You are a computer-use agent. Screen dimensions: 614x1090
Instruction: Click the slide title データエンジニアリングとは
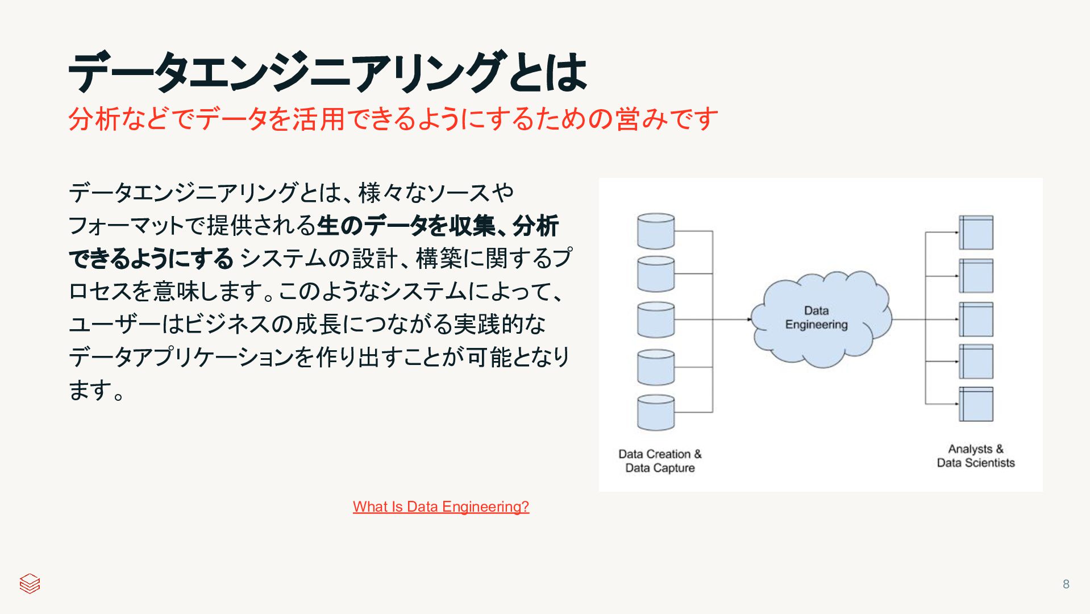(x=327, y=72)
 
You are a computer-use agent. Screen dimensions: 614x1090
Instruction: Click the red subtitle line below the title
(x=392, y=119)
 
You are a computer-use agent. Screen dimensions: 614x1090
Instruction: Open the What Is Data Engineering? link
(x=440, y=507)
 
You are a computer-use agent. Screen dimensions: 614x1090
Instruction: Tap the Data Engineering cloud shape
(x=818, y=318)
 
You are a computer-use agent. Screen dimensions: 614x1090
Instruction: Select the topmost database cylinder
(x=656, y=231)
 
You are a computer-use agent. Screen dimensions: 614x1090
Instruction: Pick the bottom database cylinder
(x=656, y=413)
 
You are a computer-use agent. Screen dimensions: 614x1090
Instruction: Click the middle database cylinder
(x=656, y=320)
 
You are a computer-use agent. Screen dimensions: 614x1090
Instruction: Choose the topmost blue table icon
(x=976, y=233)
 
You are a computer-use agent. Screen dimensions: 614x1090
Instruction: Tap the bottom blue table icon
(x=976, y=404)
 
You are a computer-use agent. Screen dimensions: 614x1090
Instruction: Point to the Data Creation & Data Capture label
(x=660, y=461)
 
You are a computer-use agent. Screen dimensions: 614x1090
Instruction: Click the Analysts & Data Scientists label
(x=975, y=456)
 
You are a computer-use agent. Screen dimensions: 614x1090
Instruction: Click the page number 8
(x=1066, y=584)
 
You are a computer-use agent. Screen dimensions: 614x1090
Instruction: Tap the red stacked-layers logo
(x=30, y=583)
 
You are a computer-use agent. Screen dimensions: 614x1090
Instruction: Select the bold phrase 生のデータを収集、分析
(x=438, y=226)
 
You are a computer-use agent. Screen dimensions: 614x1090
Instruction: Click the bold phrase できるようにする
(x=151, y=259)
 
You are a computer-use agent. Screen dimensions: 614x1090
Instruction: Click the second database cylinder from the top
(x=656, y=274)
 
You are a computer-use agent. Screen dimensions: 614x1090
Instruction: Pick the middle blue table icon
(x=976, y=320)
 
